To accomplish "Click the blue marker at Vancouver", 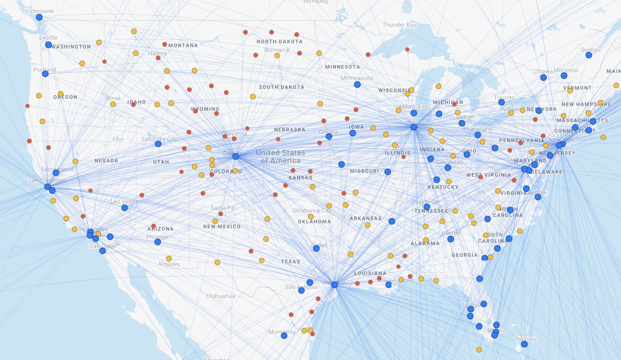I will pos(39,17).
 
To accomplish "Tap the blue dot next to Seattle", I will pos(49,45).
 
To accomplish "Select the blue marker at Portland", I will pos(45,74).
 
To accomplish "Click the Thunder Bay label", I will pos(399,25).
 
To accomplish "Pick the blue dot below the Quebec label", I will pos(589,55).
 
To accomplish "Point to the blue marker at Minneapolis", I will pos(357,85).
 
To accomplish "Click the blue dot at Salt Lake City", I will pos(158,144).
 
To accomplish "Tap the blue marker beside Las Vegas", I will pos(125,208).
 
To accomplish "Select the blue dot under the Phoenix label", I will pos(158,242).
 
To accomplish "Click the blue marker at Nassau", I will pos(524,344).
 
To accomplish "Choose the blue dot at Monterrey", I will pos(284,336).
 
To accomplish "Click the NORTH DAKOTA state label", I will pos(279,42).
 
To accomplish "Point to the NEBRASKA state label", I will pos(290,130).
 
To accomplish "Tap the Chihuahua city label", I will pos(220,296).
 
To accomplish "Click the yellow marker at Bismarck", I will pos(277,56).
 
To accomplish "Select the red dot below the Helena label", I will pos(158,58).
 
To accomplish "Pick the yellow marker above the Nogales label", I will pos(169,259).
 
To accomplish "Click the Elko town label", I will pos(118,139).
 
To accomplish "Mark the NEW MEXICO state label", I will pos(222,227).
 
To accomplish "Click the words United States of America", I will pos(280,157).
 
